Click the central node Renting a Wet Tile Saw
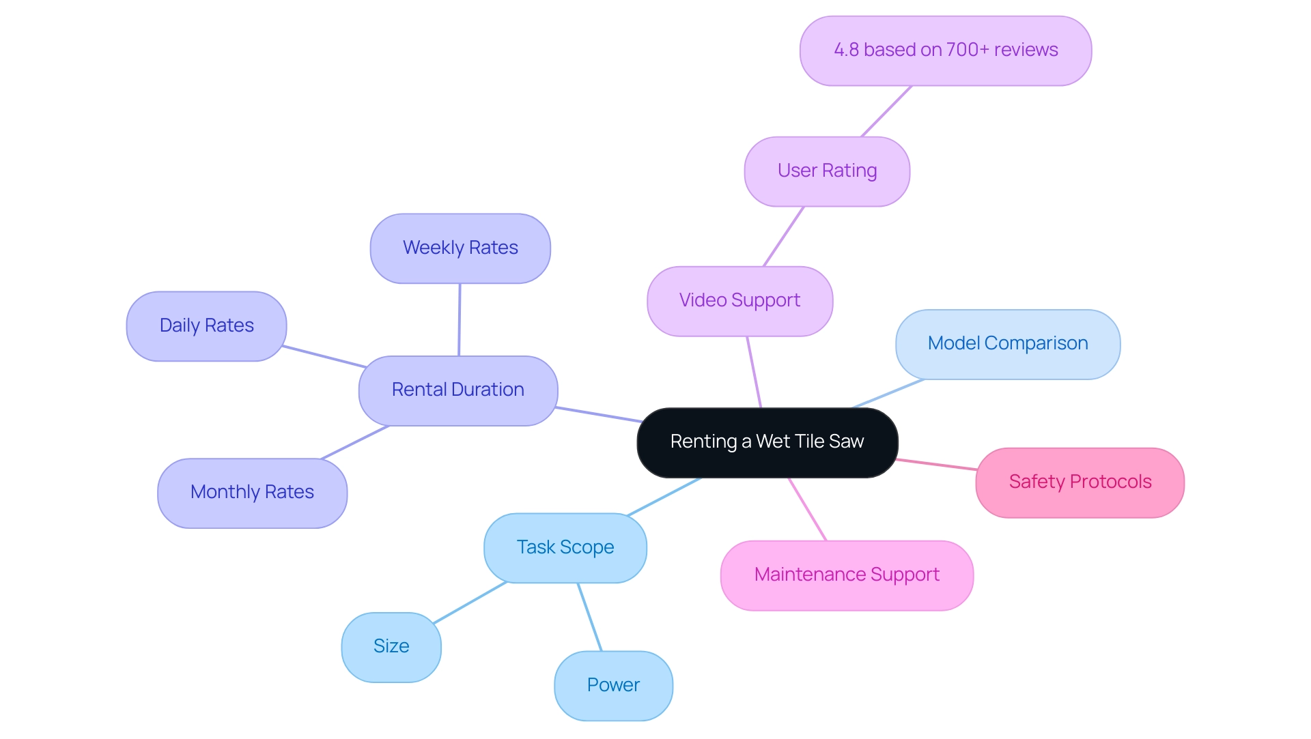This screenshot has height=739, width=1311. [x=767, y=442]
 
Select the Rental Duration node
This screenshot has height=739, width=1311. [x=457, y=390]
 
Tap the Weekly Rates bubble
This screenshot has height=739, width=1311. [x=460, y=248]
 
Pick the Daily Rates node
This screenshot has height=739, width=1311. [x=206, y=326]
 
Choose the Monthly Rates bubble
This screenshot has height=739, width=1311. [x=252, y=493]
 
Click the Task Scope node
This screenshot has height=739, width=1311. [x=565, y=548]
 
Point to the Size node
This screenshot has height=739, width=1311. [x=391, y=647]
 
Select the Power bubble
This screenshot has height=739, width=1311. [x=613, y=686]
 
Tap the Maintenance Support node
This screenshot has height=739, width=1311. [x=847, y=575]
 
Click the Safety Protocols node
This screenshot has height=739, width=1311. [x=1080, y=482]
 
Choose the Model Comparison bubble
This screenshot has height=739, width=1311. [x=1007, y=344]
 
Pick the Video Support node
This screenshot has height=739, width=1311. [x=739, y=301]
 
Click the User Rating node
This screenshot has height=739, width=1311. [x=827, y=171]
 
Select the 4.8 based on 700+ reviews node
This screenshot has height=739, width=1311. [x=945, y=50]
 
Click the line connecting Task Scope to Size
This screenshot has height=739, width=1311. [x=470, y=603]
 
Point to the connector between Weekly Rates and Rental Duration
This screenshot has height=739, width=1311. [x=460, y=319]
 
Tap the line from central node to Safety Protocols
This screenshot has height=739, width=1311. [x=936, y=465]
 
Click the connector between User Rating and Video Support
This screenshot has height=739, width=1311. [x=783, y=237]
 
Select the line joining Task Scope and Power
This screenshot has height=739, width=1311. [x=589, y=617]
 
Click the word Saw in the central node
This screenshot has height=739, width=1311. [x=847, y=442]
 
